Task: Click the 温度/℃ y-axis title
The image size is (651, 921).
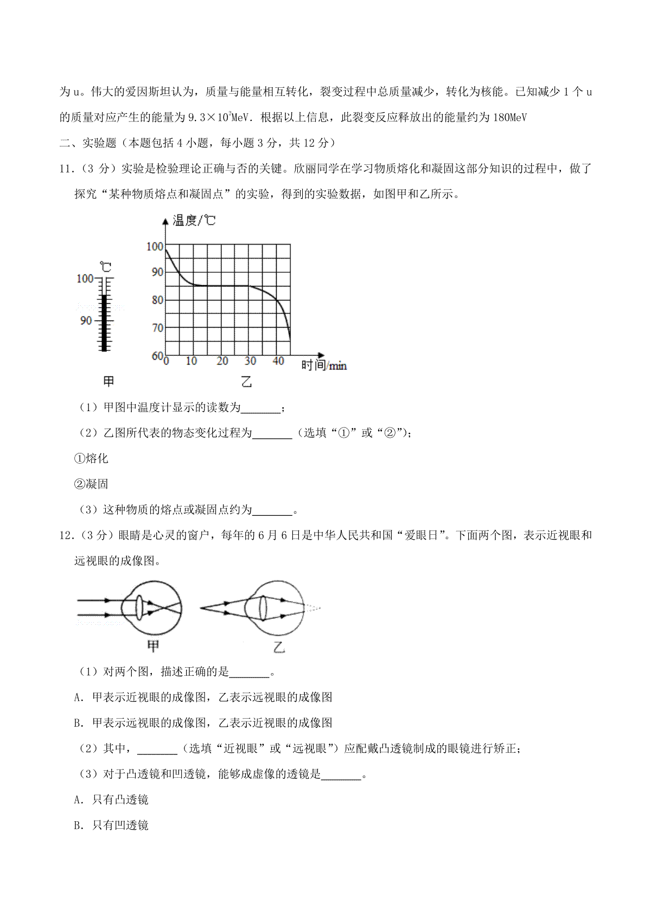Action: (194, 220)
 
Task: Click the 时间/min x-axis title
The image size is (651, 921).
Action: (323, 366)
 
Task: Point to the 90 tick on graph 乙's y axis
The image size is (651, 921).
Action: (157, 272)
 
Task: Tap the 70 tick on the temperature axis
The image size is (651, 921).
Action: (157, 328)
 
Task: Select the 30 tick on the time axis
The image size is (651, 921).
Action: (250, 361)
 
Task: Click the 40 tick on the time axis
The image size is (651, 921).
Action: (278, 361)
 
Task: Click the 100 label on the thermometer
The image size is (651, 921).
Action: (85, 278)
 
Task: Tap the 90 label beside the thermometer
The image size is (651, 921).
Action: (86, 321)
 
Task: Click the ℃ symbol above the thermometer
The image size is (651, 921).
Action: (106, 267)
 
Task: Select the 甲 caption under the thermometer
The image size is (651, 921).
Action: (108, 382)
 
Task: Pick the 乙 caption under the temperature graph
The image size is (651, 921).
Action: (246, 382)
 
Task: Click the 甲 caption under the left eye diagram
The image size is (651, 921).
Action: (154, 646)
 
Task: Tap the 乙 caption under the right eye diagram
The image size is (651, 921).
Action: (279, 647)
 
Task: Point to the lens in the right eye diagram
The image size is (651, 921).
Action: (263, 608)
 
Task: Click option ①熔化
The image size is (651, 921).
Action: (91, 459)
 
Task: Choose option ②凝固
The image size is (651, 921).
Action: (91, 484)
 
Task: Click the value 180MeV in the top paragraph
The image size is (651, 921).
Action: (509, 118)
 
